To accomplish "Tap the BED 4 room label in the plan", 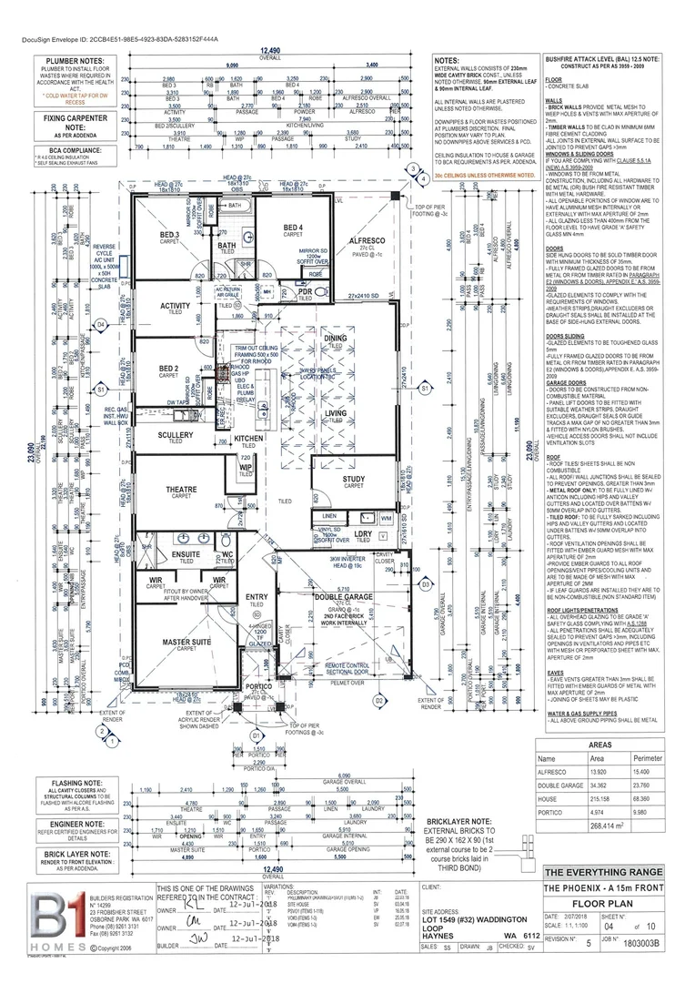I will pyautogui.click(x=292, y=227).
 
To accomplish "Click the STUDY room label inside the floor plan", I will pyautogui.click(x=354, y=479).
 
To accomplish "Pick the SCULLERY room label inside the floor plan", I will pyautogui.click(x=175, y=435).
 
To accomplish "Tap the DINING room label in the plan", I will pyautogui.click(x=334, y=338).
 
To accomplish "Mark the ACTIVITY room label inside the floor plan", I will pyautogui.click(x=176, y=306).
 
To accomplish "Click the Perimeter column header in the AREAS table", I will pyautogui.click(x=648, y=758).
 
